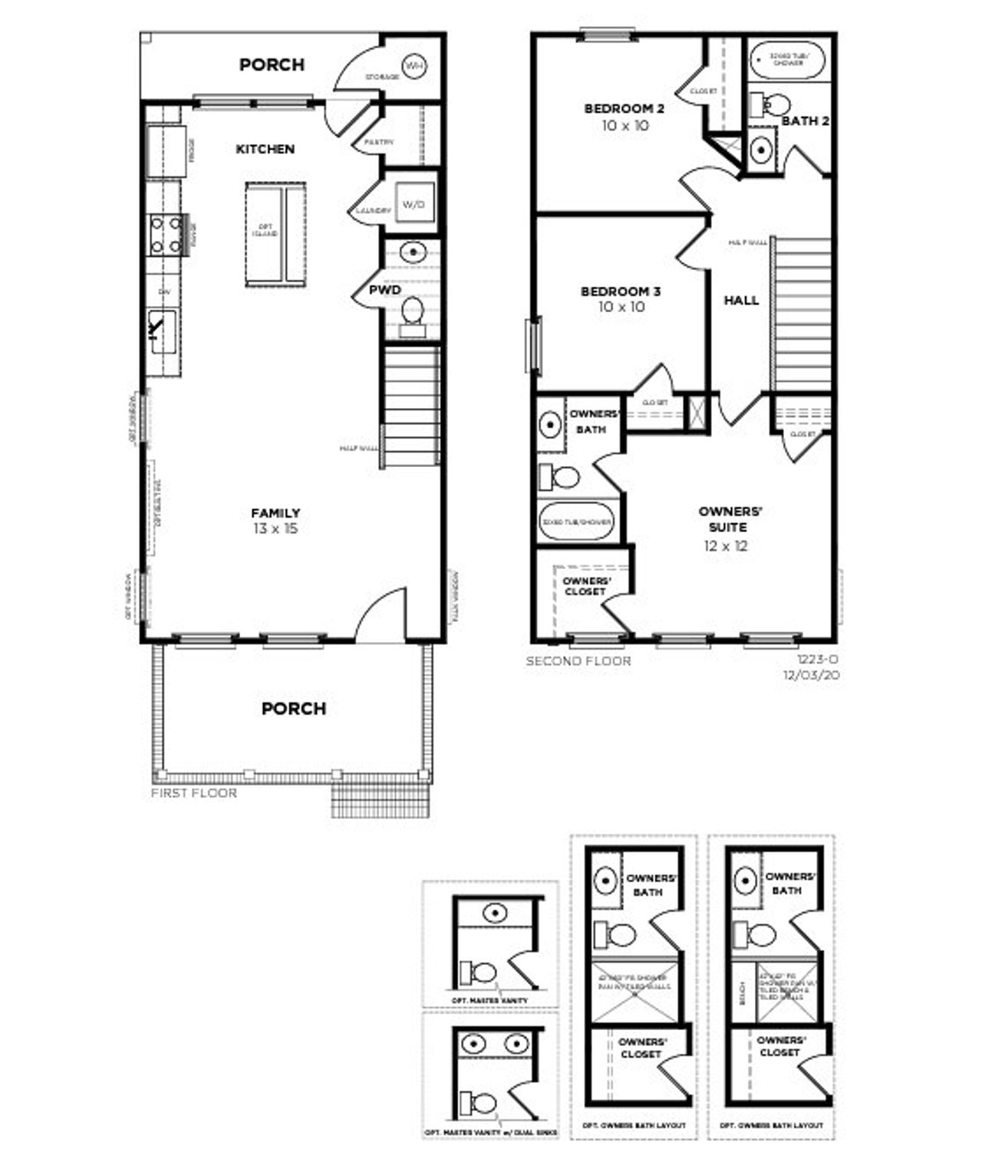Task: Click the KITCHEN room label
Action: tap(265, 149)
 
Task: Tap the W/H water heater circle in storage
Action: tap(414, 67)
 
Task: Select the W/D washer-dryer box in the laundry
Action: tap(413, 205)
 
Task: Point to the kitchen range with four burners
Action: tap(165, 234)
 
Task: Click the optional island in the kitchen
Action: tap(275, 234)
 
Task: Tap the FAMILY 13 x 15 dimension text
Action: tap(275, 528)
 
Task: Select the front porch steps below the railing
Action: tap(381, 801)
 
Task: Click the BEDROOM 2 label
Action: tap(624, 109)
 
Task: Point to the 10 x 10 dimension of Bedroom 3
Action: tap(621, 307)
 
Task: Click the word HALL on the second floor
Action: tap(741, 301)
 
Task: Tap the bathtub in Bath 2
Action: tap(787, 58)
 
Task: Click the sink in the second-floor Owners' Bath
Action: tap(550, 424)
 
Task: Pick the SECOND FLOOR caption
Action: tap(578, 660)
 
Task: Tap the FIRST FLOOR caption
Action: tap(193, 793)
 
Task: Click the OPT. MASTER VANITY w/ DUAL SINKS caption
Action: tap(491, 1132)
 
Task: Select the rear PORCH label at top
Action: tap(272, 64)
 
